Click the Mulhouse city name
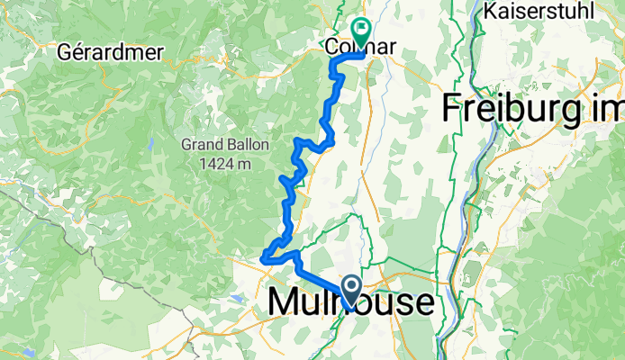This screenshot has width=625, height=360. [350, 303]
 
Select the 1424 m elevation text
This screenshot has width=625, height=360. [221, 163]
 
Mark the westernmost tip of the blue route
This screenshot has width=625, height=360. [263, 260]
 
